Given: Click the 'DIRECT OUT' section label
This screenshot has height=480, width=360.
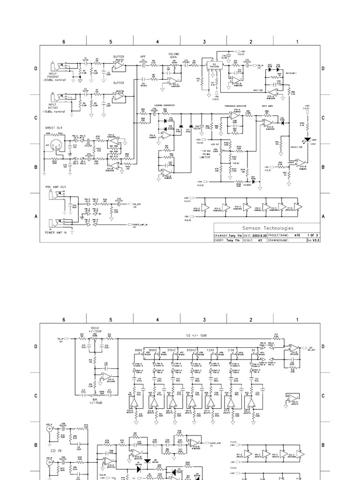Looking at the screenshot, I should coord(53,127).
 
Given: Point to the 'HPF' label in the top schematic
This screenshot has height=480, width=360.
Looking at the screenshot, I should coord(143,56).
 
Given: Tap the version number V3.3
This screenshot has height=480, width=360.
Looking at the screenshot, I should coord(316,240).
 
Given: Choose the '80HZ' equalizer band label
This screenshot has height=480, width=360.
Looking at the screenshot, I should coord(138,349).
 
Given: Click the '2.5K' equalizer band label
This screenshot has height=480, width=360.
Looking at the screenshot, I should coord(231,349).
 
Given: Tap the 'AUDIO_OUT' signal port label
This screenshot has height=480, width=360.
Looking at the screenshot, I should coord(215,442).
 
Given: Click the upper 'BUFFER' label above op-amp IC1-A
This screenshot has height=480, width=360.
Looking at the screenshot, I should coord(118,56).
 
